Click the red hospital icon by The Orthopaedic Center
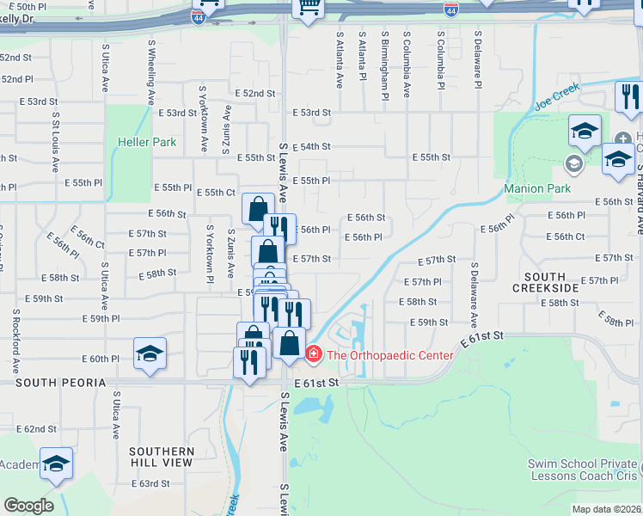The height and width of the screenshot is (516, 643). pyautogui.click(x=314, y=353)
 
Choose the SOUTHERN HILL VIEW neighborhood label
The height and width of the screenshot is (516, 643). pyautogui.click(x=161, y=457)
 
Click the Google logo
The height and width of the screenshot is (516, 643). pyautogui.click(x=28, y=505)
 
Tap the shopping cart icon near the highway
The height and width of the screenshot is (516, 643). pyautogui.click(x=306, y=7)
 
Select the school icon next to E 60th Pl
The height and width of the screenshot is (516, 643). pyautogui.click(x=150, y=353)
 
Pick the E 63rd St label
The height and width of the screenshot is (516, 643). pyautogui.click(x=150, y=483)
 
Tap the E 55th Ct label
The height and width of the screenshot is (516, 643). pyautogui.click(x=216, y=193)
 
